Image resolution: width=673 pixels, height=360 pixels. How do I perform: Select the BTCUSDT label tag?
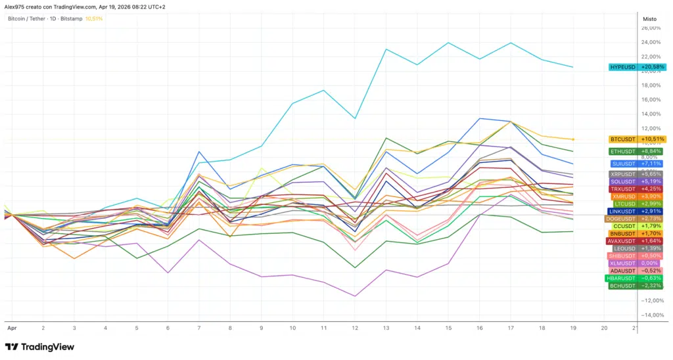[x=638, y=139]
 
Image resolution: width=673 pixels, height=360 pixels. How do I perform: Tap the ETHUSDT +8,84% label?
[x=638, y=151]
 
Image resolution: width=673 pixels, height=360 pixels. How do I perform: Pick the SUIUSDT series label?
[x=638, y=164]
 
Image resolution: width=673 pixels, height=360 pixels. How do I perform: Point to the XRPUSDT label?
[x=638, y=174]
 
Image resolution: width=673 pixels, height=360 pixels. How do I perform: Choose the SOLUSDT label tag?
[x=638, y=181]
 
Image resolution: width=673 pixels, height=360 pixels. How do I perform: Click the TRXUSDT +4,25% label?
[x=638, y=189]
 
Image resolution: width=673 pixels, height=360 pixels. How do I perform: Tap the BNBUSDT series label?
[x=638, y=233]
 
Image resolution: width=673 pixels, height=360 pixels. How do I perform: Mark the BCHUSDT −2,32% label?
[x=638, y=286]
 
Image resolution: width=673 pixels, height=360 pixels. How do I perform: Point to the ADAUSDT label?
[x=638, y=271]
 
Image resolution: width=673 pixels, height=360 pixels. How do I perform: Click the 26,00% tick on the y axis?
[x=651, y=28]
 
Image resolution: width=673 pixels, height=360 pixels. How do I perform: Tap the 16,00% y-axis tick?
[x=651, y=100]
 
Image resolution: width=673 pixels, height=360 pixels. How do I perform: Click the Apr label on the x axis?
[x=11, y=326]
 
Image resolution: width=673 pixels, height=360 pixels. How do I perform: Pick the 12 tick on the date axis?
[x=355, y=326]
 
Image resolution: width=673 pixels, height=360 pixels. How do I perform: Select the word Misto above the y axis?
[x=649, y=19]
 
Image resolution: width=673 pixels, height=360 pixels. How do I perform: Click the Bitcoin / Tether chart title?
[x=36, y=18]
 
